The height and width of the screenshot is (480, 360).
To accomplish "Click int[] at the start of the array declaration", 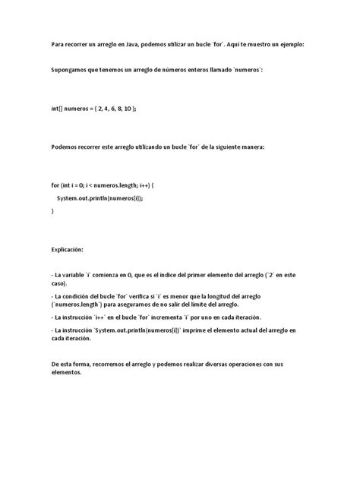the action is (58, 109).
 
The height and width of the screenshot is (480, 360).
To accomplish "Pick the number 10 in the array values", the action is (126, 109).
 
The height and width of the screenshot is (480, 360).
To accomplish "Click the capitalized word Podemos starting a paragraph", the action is (67, 147).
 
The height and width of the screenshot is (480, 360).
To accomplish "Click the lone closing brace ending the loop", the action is (53, 210).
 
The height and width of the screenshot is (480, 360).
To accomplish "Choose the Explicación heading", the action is (68, 248).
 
